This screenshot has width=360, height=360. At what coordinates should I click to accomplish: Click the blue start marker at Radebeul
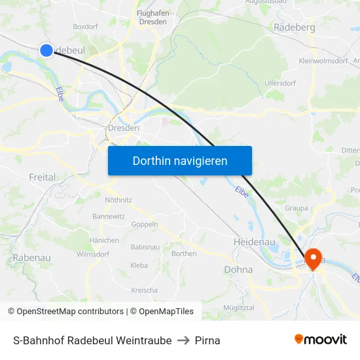coord(46,50)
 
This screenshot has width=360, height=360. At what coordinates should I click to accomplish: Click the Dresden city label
coord(124,128)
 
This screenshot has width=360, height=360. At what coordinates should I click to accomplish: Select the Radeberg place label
coord(294,27)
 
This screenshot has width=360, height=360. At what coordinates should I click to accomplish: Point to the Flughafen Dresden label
coord(152,17)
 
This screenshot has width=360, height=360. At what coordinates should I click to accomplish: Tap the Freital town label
coord(42,177)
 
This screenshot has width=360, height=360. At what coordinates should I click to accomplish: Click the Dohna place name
coord(238,269)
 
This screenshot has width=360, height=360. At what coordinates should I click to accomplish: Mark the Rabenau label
coord(31,258)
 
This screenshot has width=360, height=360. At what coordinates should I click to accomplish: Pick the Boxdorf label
coord(85,27)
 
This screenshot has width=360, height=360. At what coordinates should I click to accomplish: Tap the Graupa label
coord(297,208)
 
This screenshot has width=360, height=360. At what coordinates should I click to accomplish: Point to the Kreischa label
coord(144,290)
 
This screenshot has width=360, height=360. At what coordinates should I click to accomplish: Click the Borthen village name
coord(183,253)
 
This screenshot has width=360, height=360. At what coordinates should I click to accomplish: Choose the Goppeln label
coord(145,224)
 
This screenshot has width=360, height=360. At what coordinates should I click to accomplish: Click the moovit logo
coord(320,339)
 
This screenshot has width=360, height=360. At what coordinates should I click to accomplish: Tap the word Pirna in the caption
coord(207,340)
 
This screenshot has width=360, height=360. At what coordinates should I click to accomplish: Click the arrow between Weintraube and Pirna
coord(183,340)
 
